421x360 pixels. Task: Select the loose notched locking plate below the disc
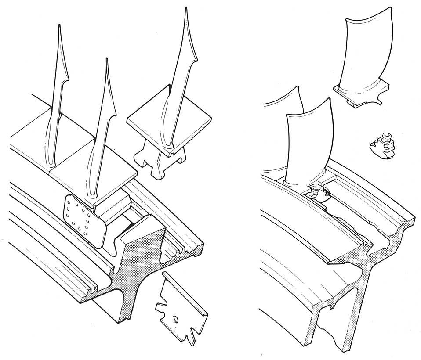tap(180, 307)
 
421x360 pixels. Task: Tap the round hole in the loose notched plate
tap(175, 319)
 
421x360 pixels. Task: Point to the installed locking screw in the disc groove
tap(315, 192)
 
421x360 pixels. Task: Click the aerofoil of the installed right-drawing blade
tap(308, 140)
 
